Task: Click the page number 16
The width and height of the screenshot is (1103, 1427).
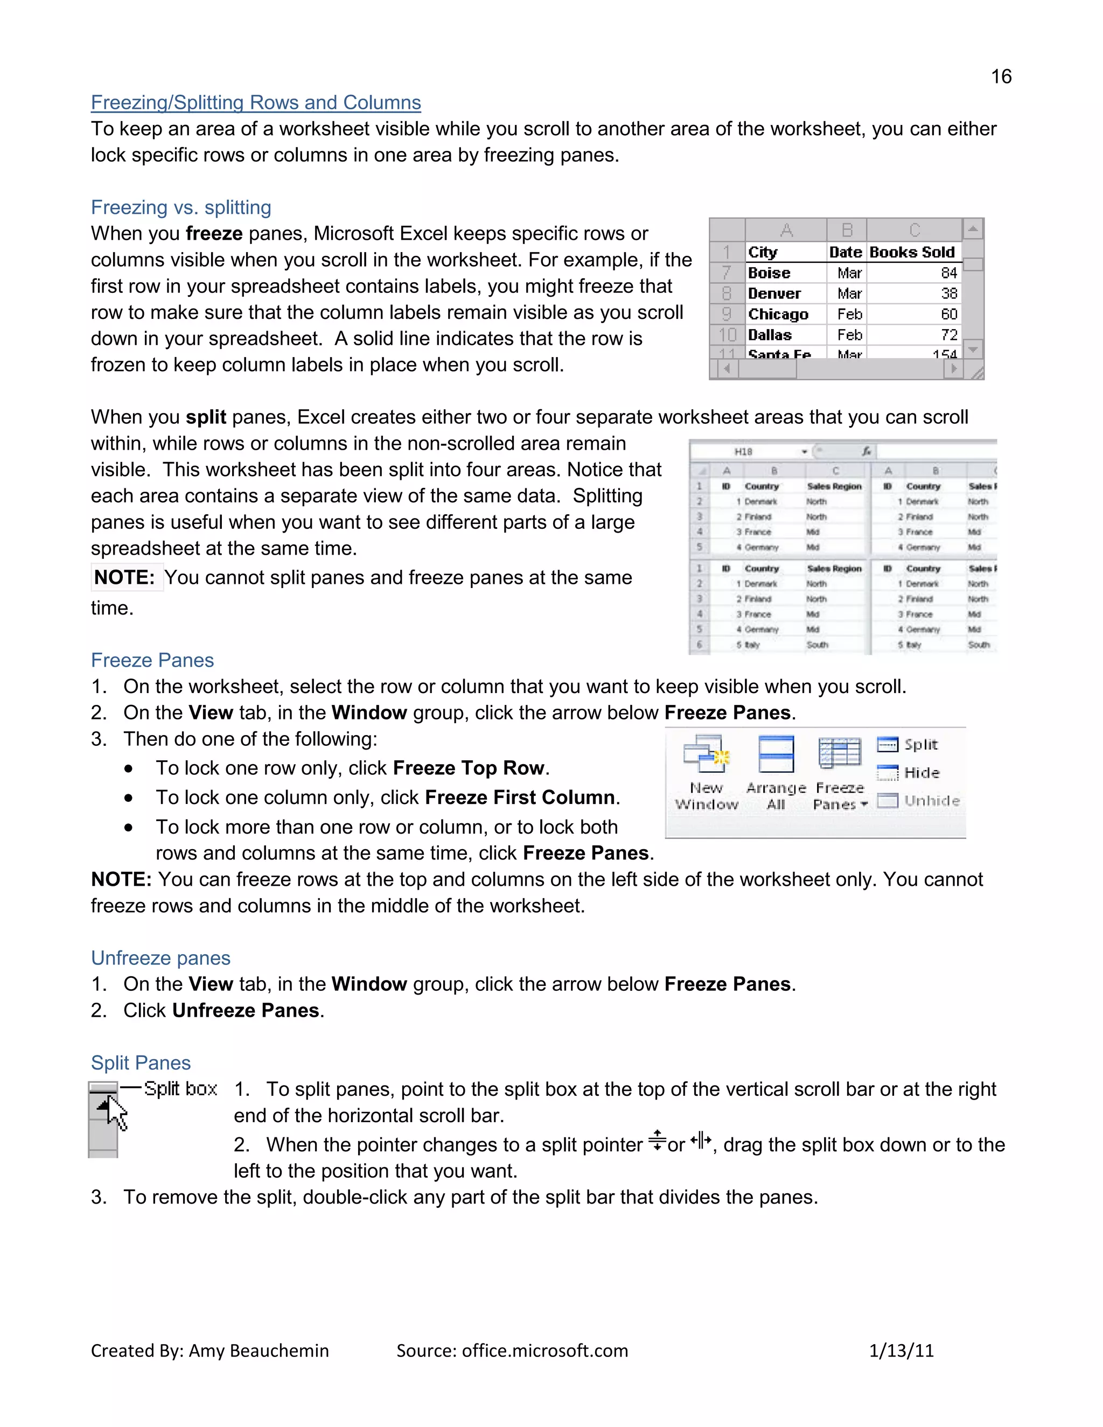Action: coord(1001,76)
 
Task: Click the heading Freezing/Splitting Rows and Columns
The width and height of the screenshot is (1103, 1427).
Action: coord(255,102)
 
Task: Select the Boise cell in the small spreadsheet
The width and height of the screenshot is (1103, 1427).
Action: coord(769,273)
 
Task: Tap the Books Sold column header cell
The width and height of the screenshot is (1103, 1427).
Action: coord(912,252)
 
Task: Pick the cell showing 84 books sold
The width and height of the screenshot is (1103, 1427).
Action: coord(949,273)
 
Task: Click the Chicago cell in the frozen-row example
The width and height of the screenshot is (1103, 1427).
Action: coord(778,314)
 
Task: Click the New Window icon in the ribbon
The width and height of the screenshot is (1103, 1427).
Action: coord(706,756)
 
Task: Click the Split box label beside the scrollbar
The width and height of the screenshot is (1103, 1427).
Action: coord(180,1089)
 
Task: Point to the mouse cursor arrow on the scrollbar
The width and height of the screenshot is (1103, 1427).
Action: coord(116,1113)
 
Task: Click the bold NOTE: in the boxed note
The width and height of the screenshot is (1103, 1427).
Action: coord(124,578)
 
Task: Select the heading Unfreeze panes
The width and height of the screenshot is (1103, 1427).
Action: coord(160,958)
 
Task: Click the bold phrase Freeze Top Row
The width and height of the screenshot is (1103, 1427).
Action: coord(469,768)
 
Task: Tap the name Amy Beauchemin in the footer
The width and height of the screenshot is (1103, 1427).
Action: coord(259,1351)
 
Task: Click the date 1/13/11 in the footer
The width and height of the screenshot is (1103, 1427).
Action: coord(901,1351)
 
